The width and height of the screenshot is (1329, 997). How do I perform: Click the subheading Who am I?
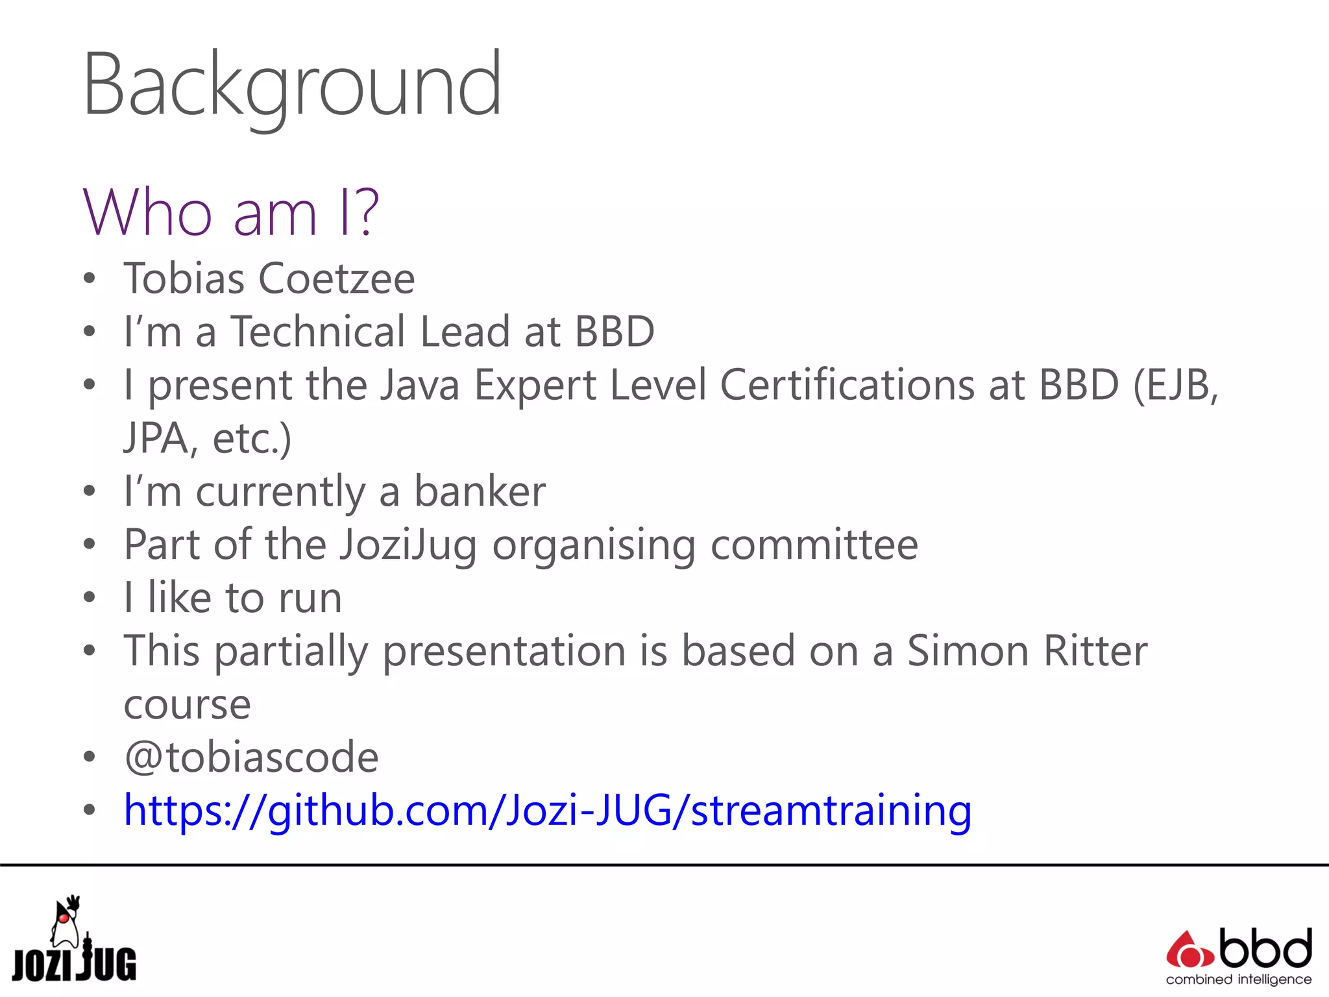point(231,212)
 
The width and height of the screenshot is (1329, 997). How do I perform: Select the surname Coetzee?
point(337,279)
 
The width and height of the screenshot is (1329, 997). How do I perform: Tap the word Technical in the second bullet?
point(319,332)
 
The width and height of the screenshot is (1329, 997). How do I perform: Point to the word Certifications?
point(847,385)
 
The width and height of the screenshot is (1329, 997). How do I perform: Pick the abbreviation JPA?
point(156,439)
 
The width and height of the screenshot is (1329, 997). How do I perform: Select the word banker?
point(480,491)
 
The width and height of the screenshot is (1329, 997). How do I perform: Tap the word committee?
point(814,545)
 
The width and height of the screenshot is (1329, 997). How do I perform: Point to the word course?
point(187,705)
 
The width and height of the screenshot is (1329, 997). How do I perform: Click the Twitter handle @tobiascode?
point(251,757)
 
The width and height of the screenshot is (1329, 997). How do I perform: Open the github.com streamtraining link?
point(548,811)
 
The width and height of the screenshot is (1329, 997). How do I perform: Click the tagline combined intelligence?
point(1238,979)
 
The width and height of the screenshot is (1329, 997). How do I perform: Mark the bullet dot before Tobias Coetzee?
point(90,279)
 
